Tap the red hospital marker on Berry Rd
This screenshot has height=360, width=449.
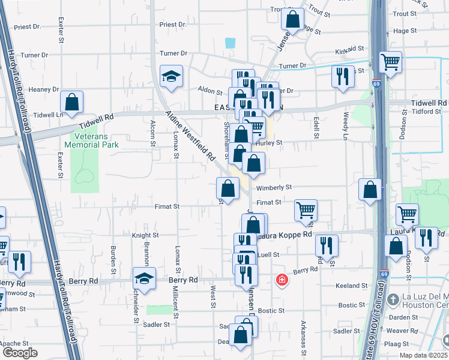pos(280,280)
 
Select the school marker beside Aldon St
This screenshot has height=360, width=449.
pos(171,76)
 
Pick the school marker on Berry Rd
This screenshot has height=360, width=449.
pos(144,278)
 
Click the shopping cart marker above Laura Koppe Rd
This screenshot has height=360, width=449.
pos(306,210)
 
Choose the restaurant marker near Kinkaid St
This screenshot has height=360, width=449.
pos(343,76)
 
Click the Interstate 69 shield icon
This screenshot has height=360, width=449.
pos(375,85)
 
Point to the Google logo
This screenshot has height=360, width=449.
pos(19,353)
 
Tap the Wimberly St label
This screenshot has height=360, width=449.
pos(274,187)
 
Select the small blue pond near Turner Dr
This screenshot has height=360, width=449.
pos(230,43)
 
